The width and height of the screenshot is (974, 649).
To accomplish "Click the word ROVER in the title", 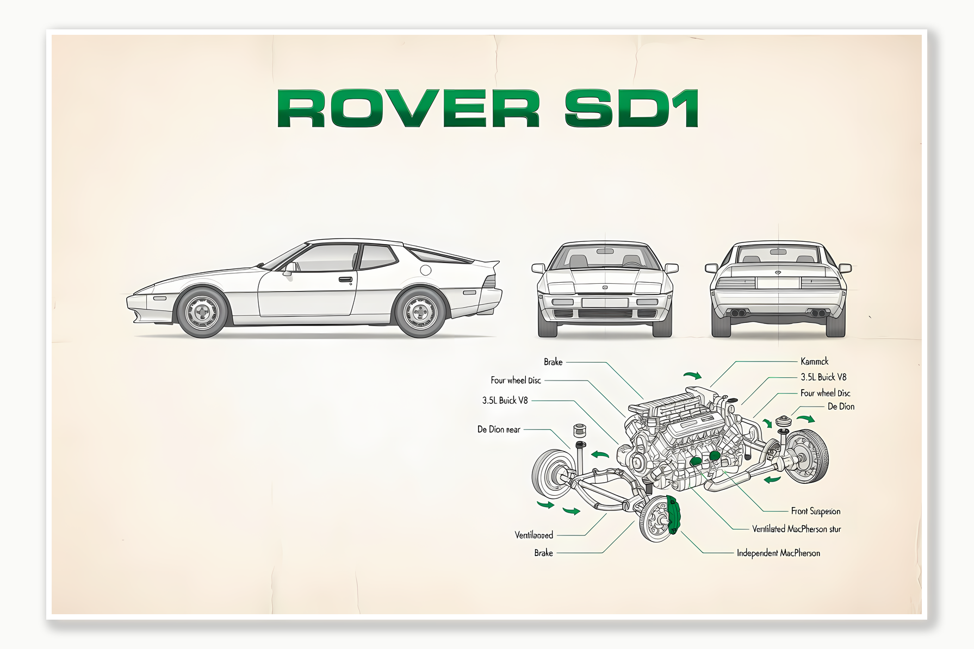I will coord(408,108).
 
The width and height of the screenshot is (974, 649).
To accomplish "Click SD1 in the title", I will coord(631,108).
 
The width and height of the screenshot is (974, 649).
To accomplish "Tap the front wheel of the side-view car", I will coord(202,312).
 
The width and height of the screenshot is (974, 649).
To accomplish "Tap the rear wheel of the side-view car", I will coord(420,313).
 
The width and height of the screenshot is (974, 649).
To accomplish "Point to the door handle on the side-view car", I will coord(345,280).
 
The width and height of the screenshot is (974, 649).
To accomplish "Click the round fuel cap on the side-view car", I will coord(425,270).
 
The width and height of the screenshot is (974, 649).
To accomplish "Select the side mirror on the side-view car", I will coord(290,267).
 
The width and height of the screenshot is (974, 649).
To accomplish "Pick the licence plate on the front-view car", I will coord(604,302).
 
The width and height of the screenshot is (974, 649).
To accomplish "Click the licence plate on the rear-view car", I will coord(778,283).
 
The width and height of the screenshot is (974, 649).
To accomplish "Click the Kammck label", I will coord(814,361).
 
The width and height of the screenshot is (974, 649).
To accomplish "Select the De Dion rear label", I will coord(499,429).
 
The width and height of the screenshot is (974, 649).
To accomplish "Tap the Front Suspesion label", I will coord(815,511).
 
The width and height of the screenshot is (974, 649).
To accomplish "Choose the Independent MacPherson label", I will coord(778,553).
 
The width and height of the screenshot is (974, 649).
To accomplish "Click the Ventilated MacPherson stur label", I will coord(796,529).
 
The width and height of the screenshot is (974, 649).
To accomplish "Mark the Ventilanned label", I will coord(533,535).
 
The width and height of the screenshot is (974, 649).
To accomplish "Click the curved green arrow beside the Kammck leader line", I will coord(692,375).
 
